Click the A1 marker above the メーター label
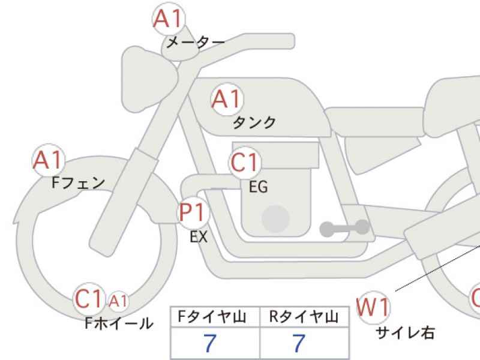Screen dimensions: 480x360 (x=169, y=19)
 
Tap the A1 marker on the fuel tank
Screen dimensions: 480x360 (x=227, y=99)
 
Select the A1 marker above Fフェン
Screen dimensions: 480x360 (x=49, y=160)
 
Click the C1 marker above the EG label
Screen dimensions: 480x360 (x=245, y=162)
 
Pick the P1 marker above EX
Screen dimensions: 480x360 (x=193, y=212)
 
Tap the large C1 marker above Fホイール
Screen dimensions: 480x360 (x=89, y=298)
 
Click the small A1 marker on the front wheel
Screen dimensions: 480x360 (x=118, y=301)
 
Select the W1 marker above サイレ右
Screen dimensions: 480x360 (x=373, y=307)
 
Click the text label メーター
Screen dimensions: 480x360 (x=196, y=42)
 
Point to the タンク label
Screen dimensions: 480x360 (x=254, y=122)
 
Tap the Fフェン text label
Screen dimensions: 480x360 (x=79, y=183)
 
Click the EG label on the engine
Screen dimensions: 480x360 (x=259, y=187)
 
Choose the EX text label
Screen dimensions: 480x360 (x=199, y=236)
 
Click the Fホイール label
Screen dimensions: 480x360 (x=119, y=323)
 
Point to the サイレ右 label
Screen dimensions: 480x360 (x=405, y=332)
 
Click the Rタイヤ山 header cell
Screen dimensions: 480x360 (x=304, y=317)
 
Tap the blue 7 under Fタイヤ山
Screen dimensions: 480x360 (x=210, y=343)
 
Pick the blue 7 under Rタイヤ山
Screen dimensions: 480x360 (x=299, y=343)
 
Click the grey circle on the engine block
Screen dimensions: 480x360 (x=276, y=218)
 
